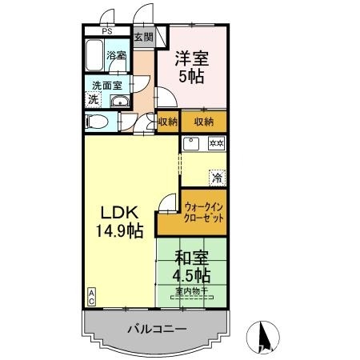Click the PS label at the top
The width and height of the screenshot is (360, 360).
pyautogui.click(x=106, y=33)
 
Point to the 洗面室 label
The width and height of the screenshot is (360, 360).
pyautogui.click(x=106, y=85)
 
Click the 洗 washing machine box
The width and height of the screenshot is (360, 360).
pyautogui.click(x=94, y=100)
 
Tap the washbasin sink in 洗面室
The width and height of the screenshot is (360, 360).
pyautogui.click(x=119, y=101)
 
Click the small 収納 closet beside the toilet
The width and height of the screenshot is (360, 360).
pyautogui.click(x=166, y=122)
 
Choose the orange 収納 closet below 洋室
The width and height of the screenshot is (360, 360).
pyautogui.click(x=203, y=122)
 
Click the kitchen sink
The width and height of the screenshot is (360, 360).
pyautogui.click(x=192, y=144)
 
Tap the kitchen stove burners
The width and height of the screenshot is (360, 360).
pyautogui.click(x=216, y=144)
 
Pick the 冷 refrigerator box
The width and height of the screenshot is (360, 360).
pyautogui.click(x=217, y=177)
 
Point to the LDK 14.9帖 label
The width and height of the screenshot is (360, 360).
pyautogui.click(x=120, y=222)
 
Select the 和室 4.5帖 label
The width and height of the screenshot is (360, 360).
pyautogui.click(x=192, y=266)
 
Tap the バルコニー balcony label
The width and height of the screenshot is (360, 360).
pyautogui.click(x=157, y=329)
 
